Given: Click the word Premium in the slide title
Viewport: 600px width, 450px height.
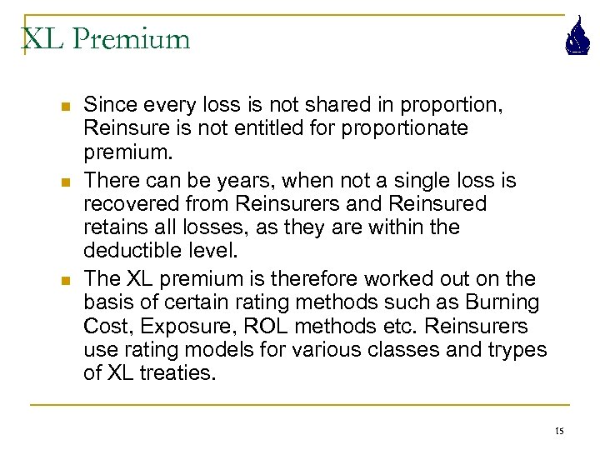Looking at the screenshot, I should point(132,39).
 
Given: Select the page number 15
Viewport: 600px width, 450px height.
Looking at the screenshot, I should point(558,430).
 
